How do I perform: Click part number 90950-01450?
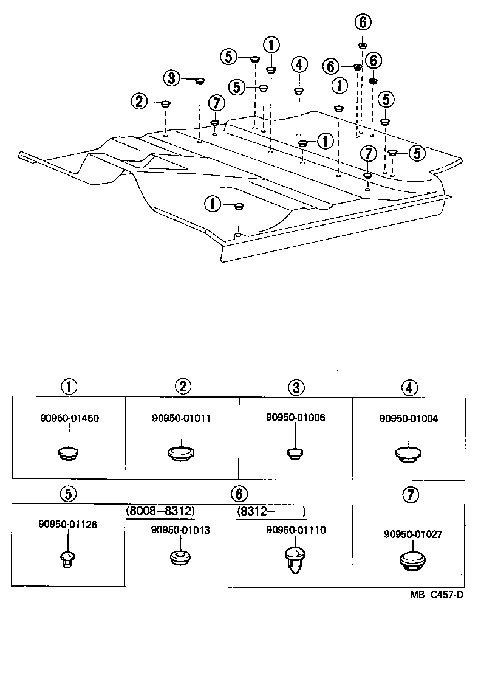(x=69, y=418)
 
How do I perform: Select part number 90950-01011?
(x=182, y=418)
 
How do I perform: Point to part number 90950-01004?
(x=409, y=418)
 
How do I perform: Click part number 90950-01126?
(x=67, y=524)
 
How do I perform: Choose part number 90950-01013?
(x=180, y=529)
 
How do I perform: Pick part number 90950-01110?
(x=296, y=530)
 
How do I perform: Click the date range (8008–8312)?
(x=160, y=511)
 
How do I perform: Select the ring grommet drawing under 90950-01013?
(x=178, y=558)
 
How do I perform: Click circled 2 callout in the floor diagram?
(x=140, y=101)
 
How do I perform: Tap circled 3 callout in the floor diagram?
(x=171, y=78)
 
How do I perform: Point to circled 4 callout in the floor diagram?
(x=299, y=64)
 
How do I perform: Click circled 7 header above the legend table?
(x=411, y=494)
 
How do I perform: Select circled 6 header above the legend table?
(x=239, y=494)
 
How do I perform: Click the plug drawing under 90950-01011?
(x=180, y=453)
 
